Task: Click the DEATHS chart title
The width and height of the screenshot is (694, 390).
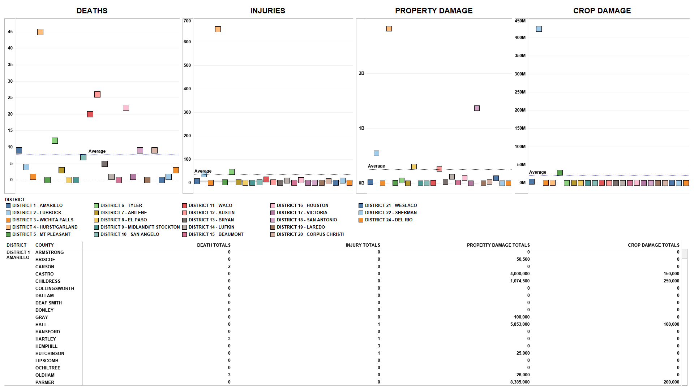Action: coord(92,11)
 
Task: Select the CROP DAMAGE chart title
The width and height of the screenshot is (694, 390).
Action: coord(602,11)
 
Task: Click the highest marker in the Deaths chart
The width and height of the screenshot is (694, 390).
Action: coord(40,32)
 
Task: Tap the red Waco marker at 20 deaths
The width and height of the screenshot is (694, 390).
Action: coord(90,114)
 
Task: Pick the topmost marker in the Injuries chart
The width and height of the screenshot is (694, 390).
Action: coord(218,29)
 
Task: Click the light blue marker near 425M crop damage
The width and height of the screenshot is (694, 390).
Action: coord(539,29)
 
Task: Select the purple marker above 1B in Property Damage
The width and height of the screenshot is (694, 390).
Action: coord(477,108)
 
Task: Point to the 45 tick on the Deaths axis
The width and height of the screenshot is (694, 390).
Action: coord(10,32)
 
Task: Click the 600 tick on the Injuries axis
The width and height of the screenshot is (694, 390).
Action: coord(187,42)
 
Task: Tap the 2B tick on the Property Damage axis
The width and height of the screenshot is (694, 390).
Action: coord(361,73)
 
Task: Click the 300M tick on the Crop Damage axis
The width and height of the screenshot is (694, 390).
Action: coord(520,74)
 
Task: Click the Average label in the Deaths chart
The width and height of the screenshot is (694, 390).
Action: coord(97,151)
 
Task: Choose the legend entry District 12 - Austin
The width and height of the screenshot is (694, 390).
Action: coord(211,213)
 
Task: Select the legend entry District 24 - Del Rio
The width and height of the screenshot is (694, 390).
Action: coord(389,220)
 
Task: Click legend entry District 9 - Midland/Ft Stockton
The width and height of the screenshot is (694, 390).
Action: coord(140,227)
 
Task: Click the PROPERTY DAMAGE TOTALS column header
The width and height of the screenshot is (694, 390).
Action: coord(498,245)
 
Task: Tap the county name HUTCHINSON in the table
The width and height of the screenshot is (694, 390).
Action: coord(50,354)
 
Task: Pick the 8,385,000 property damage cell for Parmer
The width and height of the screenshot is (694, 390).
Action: coord(520,382)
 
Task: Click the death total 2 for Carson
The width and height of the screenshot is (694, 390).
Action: coord(229,266)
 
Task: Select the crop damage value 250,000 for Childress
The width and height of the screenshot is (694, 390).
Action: coord(671,281)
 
